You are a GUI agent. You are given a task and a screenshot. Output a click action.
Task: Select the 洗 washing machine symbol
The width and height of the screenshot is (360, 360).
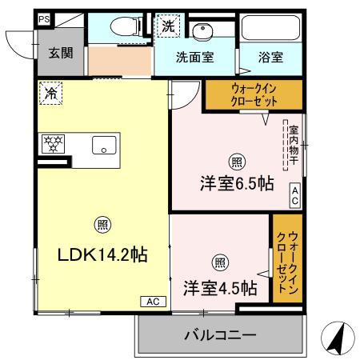coord(168,26)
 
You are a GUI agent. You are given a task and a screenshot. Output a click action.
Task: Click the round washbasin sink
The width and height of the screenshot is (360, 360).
coord(204,31)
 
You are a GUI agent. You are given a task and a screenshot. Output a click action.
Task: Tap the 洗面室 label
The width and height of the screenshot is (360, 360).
coord(195,58)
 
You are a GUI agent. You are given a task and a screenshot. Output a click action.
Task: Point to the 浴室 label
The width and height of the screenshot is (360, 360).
coord(270,58)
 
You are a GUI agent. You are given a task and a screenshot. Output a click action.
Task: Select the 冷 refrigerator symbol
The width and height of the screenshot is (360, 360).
coord(50,94)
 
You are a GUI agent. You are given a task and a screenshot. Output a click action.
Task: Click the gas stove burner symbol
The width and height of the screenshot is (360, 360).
coord(54,145)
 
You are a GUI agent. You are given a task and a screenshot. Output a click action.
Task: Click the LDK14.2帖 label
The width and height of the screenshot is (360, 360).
coord(102,255)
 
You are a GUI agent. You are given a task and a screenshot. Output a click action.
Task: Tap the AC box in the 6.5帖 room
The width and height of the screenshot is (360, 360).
coord(294,195)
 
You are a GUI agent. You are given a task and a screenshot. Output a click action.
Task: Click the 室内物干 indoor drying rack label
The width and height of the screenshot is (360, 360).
coord(294,145)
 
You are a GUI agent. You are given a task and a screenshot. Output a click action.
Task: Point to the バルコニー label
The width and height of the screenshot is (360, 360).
coord(220,334)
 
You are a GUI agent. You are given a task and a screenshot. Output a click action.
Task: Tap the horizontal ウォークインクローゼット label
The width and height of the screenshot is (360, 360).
coord(254,96)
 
